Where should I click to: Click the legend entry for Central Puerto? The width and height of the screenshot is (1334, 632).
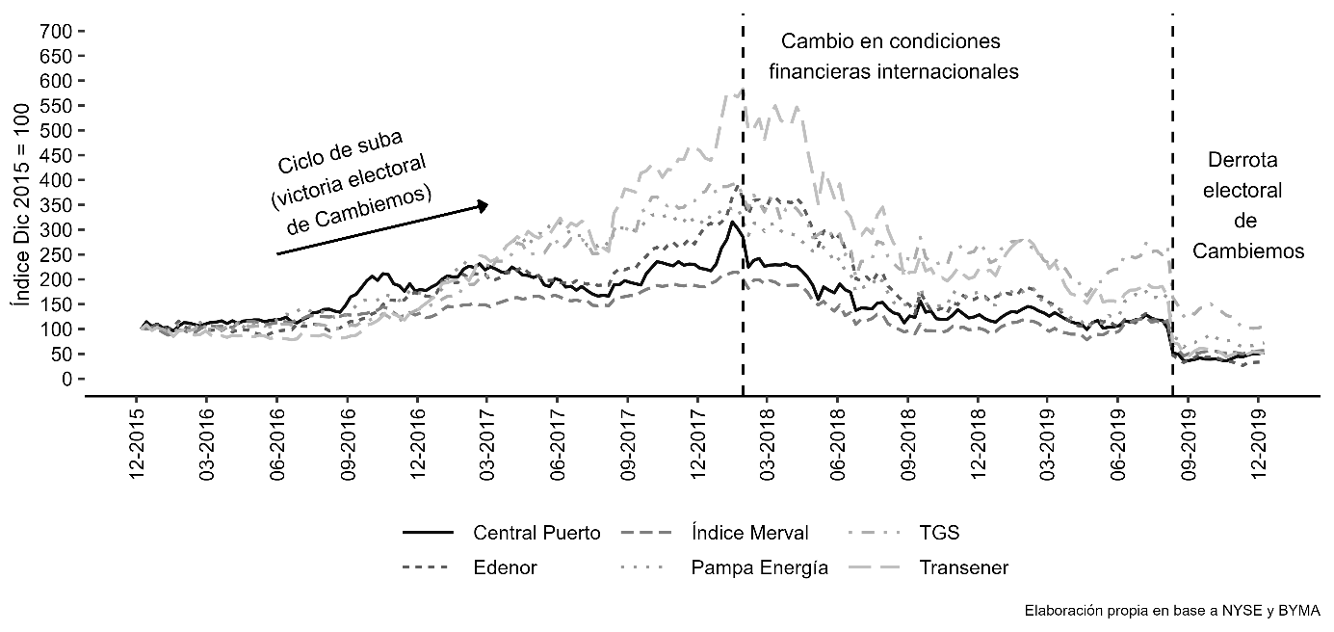(502, 533)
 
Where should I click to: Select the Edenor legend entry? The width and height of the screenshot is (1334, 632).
(470, 567)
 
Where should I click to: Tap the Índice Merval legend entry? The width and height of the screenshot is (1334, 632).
(714, 532)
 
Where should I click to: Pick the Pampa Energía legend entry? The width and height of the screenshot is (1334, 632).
(724, 567)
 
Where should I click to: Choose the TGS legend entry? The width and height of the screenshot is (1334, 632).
(903, 533)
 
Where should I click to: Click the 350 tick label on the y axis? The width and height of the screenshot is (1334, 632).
(56, 205)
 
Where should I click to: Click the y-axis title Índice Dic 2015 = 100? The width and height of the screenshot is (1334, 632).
(22, 205)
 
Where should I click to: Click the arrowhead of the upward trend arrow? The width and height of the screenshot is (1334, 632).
(484, 206)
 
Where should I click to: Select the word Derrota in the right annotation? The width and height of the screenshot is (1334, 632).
(1242, 160)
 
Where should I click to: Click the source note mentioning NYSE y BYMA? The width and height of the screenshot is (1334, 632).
(1172, 611)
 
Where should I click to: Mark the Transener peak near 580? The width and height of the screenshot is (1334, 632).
(742, 91)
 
